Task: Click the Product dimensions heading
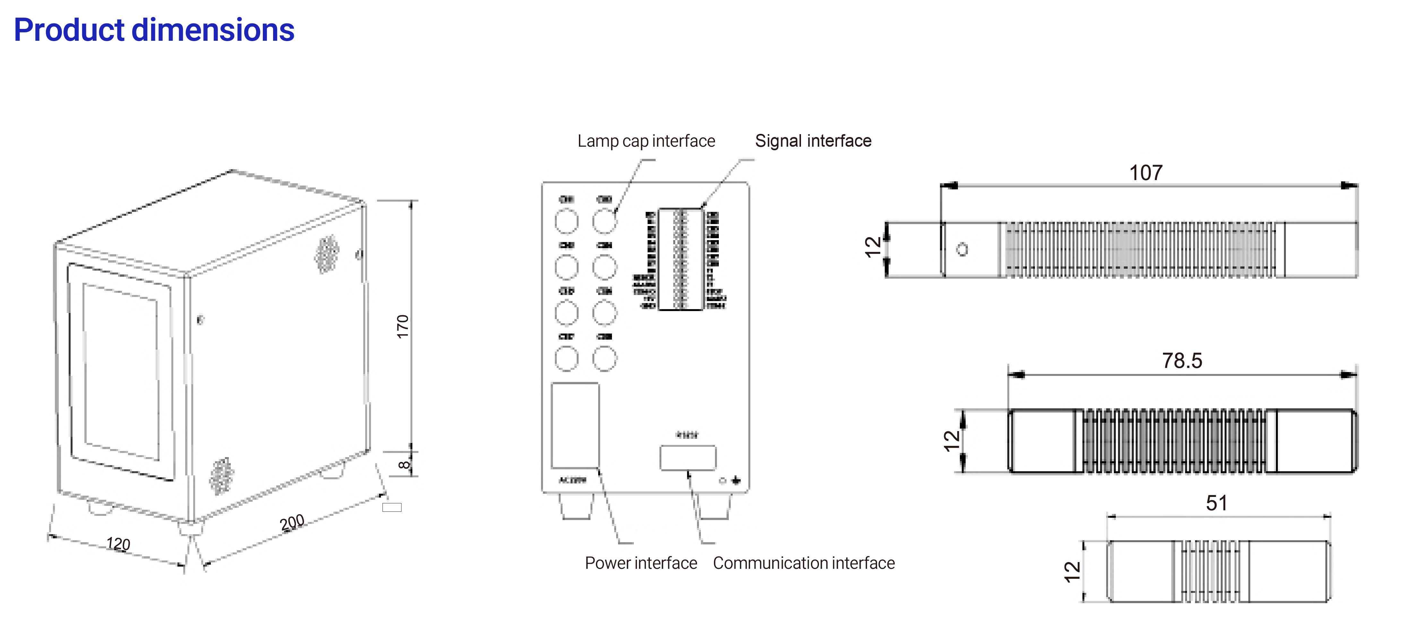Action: pos(154,30)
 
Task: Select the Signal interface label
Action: pos(813,141)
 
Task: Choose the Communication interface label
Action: pos(804,563)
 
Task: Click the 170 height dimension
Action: pos(403,327)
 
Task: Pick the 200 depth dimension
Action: pos(292,523)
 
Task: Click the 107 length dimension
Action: pos(1146,173)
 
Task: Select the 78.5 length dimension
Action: pos(1182,361)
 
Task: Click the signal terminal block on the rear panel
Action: pos(680,259)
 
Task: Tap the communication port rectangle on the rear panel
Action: pos(687,458)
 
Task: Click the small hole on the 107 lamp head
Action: pos(962,249)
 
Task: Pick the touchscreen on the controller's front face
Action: pos(121,372)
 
